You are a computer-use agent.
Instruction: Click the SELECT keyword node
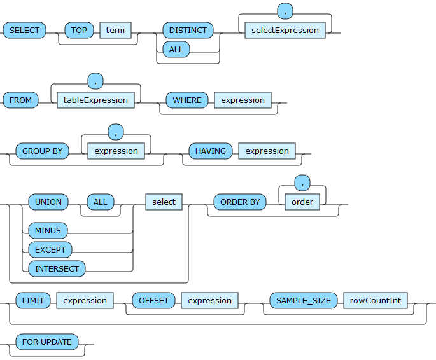tap(24, 30)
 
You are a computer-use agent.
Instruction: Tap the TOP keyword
tap(79, 30)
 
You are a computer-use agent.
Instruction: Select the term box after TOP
tap(115, 30)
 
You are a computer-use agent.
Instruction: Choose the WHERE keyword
tap(187, 100)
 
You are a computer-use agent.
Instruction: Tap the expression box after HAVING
tap(267, 151)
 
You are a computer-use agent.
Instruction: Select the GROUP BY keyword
tap(42, 151)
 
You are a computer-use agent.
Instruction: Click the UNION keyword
tap(48, 202)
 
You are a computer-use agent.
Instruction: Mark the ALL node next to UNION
tap(101, 202)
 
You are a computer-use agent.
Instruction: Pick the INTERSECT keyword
tap(57, 268)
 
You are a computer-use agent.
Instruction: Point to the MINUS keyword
tap(48, 230)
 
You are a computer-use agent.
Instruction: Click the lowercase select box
tap(164, 202)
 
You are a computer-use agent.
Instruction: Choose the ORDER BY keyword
tap(240, 202)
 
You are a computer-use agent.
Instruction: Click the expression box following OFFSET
tap(209, 300)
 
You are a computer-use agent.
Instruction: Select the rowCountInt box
tap(376, 300)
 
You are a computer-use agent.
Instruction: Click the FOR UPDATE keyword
tap(47, 342)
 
